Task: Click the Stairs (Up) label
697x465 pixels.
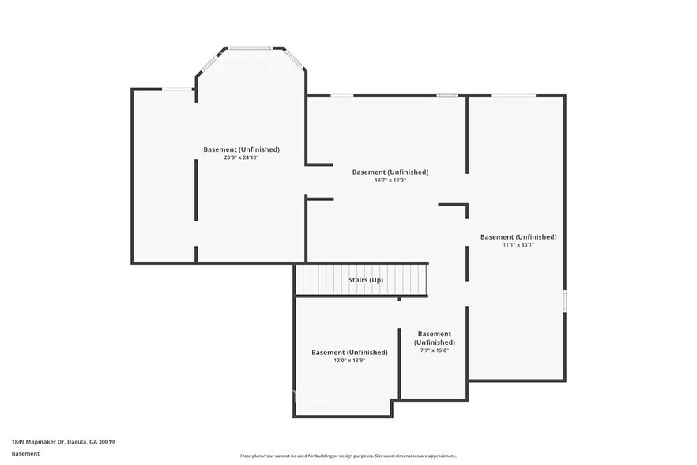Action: (x=366, y=280)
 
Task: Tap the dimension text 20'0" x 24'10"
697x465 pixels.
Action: (x=241, y=157)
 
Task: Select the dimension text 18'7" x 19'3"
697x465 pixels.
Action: (x=390, y=180)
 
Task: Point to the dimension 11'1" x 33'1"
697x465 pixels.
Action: (x=518, y=244)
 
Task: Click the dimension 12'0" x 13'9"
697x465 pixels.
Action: (x=348, y=360)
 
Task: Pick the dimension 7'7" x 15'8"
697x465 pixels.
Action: (x=434, y=350)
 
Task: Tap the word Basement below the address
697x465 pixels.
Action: (x=25, y=453)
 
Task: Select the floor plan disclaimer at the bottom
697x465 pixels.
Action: (x=348, y=456)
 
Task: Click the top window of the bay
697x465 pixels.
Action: (x=251, y=47)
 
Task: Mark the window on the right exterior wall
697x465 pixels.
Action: (x=564, y=301)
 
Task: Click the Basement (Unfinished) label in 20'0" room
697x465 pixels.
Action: (x=241, y=149)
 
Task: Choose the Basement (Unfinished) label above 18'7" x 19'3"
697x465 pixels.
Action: (x=390, y=172)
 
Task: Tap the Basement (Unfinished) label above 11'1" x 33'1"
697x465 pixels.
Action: (x=518, y=236)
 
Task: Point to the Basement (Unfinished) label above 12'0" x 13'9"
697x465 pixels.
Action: (x=348, y=352)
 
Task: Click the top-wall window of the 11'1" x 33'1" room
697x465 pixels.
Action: (x=513, y=96)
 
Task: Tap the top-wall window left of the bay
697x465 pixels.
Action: (x=178, y=89)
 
